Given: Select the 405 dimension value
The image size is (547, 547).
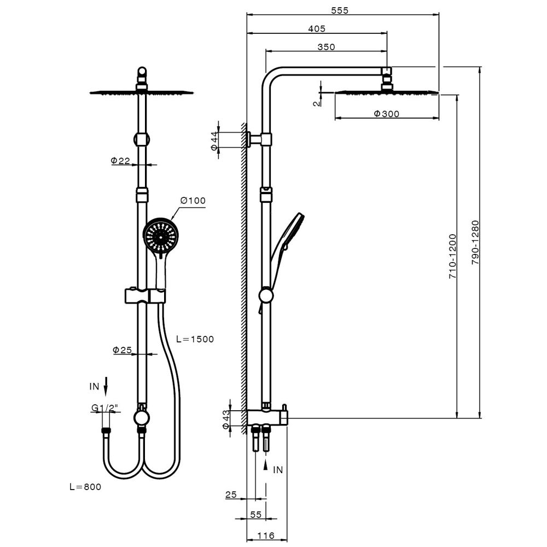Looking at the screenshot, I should tap(316, 28).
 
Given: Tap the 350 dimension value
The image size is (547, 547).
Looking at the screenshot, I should tap(326, 47).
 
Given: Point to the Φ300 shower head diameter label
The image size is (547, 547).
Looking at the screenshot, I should tap(386, 114).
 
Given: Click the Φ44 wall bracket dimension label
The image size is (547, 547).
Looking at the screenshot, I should tap(215, 141).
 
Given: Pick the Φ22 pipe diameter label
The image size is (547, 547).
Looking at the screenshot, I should tap(120, 160).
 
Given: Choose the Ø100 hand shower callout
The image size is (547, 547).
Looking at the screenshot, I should tap(194, 201).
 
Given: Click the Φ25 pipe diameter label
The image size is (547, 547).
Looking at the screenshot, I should tap(123, 350).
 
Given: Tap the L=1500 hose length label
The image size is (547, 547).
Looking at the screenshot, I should tap(195, 339).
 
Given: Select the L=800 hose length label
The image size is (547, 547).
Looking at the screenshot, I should tap(85, 486).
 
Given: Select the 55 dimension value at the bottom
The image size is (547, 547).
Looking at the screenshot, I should tap(255, 515).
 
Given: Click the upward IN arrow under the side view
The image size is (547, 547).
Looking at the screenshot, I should tap(266, 465).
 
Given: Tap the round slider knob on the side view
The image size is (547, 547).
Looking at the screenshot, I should tap(266, 296).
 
